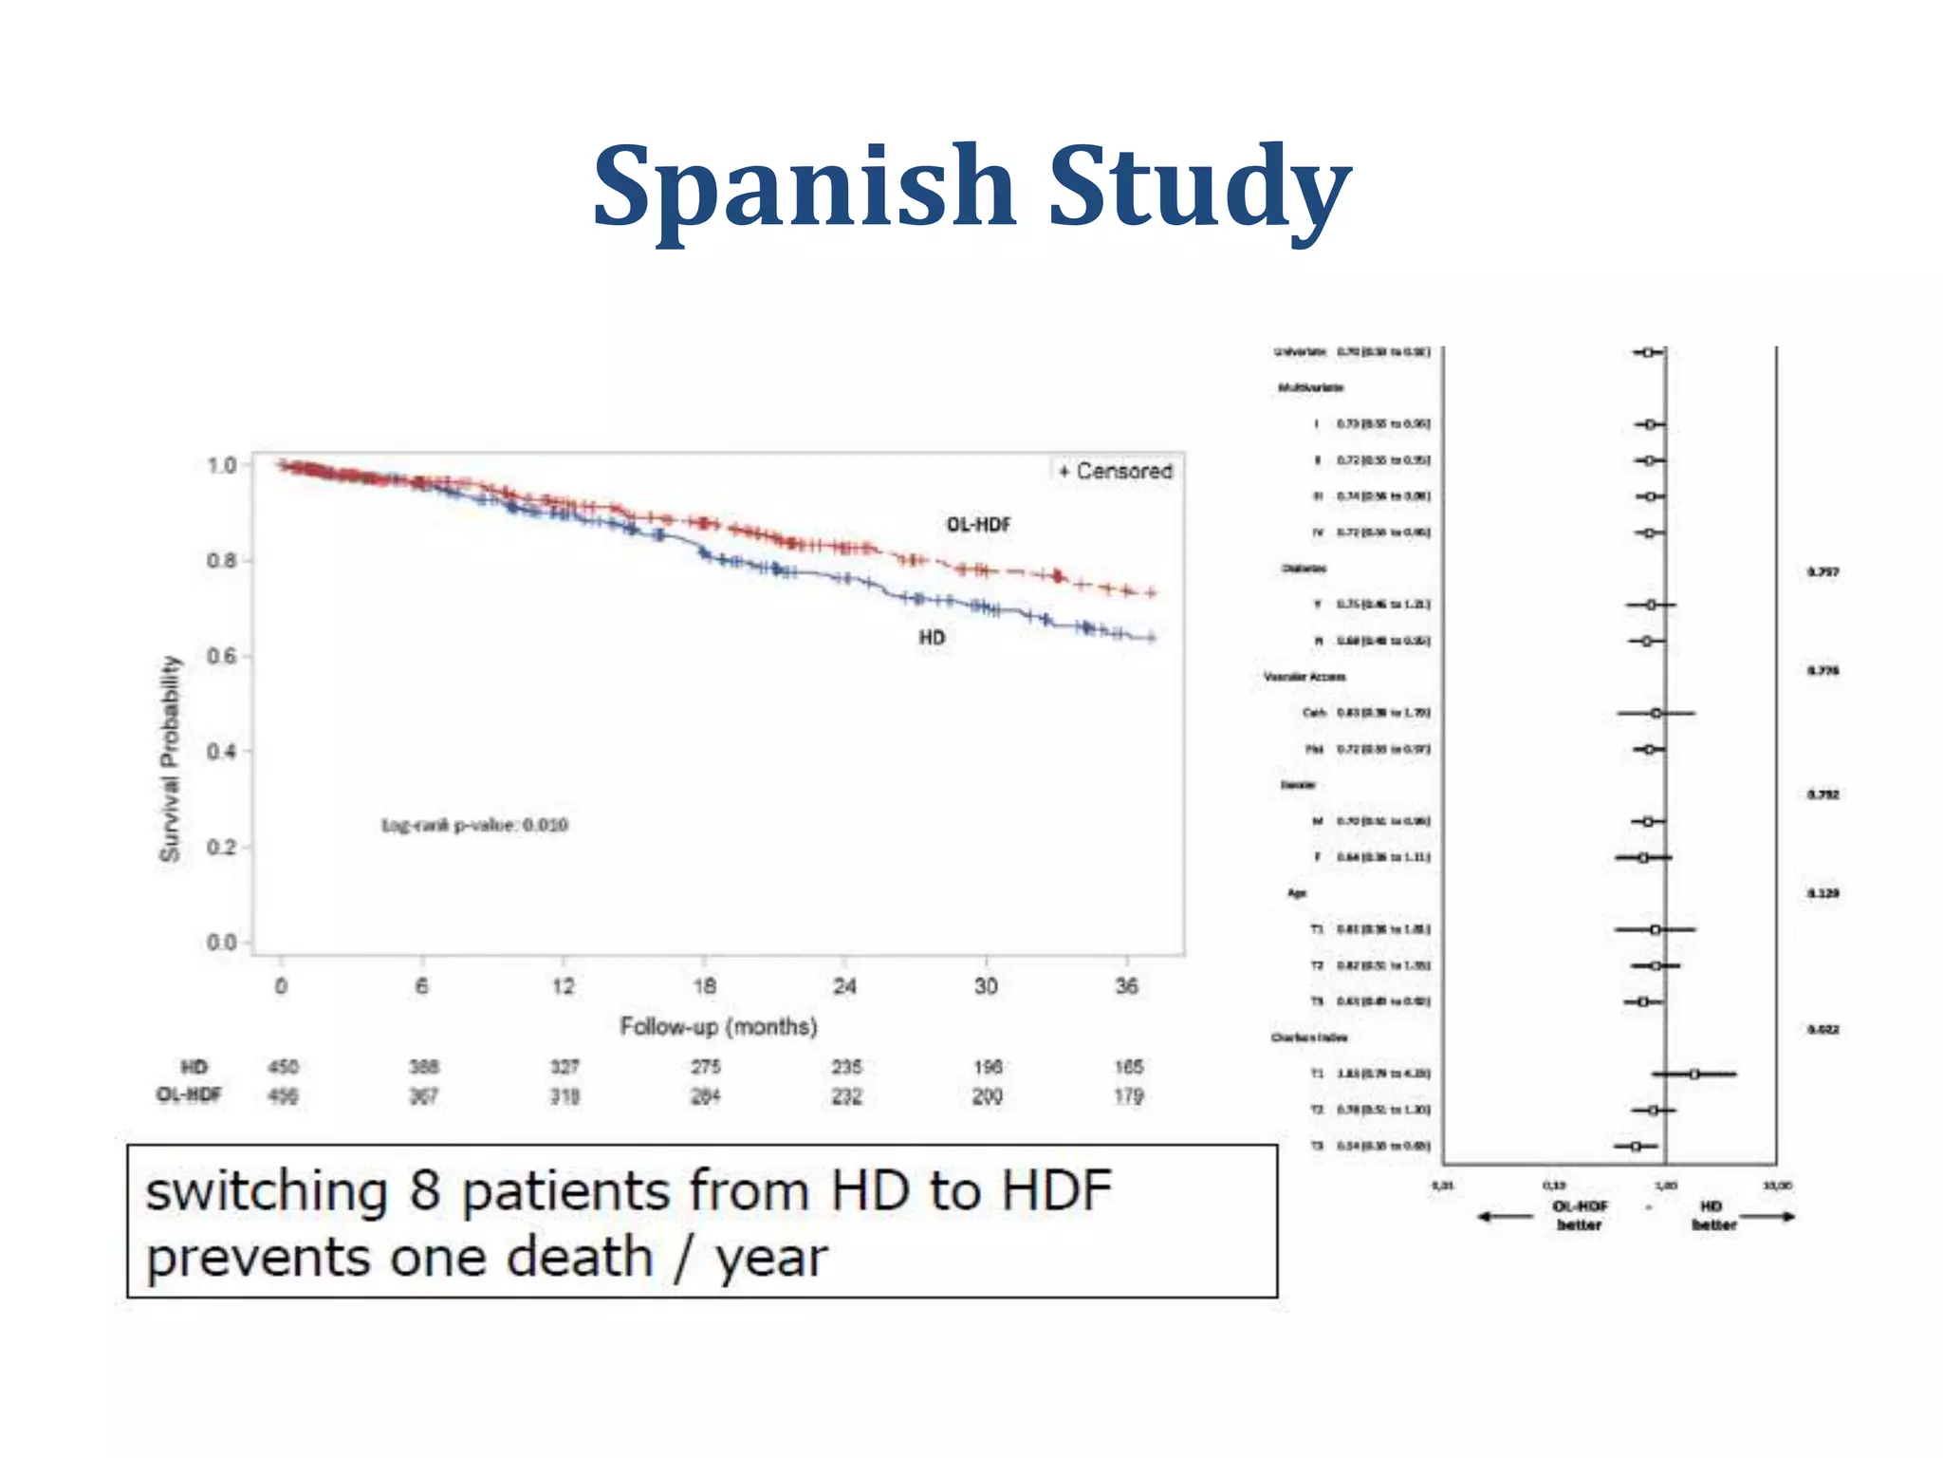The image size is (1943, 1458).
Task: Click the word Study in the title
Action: click(1199, 187)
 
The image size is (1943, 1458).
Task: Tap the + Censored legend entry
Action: click(1116, 471)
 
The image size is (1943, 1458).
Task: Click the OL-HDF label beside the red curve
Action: click(978, 525)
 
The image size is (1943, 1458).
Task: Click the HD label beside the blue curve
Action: click(932, 638)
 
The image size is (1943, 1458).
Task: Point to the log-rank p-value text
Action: click(474, 825)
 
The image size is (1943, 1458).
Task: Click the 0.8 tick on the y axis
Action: click(221, 561)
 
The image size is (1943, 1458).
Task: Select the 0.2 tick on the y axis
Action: click(221, 847)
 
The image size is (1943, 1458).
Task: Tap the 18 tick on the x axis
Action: click(704, 986)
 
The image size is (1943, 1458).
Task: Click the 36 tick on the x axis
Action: click(1126, 986)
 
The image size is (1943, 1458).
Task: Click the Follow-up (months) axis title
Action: click(718, 1027)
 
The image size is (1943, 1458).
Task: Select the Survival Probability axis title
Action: click(170, 759)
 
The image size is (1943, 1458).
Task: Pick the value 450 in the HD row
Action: click(283, 1067)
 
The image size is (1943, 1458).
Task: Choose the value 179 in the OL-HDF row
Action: click(1128, 1096)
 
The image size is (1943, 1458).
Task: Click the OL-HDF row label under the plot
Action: click(189, 1095)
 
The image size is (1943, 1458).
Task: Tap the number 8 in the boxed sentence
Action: click(425, 1191)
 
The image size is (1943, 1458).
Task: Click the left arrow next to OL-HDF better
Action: click(1506, 1217)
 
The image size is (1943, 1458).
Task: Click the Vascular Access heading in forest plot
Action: click(1305, 677)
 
